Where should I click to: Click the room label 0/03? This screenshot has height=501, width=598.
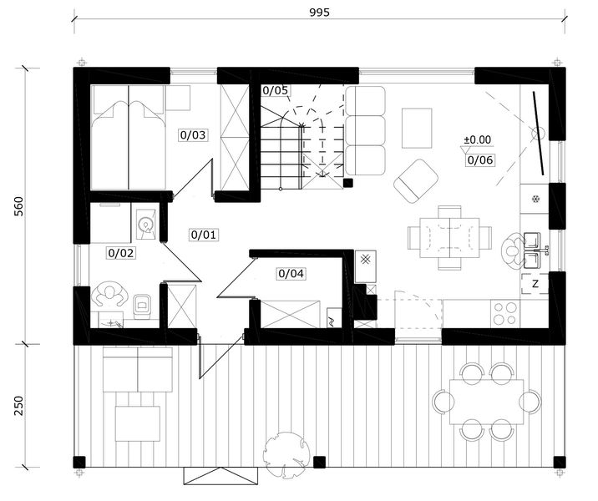coord(193,135)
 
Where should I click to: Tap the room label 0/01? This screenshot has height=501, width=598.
coord(204,235)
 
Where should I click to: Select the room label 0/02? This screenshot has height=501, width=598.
coord(121,253)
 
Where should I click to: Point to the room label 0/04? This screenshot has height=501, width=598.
coord(291,273)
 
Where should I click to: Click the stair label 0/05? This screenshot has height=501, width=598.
coord(275,90)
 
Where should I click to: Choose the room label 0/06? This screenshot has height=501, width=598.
coord(480,160)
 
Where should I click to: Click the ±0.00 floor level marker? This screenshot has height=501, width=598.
coord(477,140)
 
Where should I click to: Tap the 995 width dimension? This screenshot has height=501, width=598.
coord(319,13)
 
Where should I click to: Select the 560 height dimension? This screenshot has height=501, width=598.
coord(18,206)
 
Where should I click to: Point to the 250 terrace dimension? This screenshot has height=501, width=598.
coord(18,406)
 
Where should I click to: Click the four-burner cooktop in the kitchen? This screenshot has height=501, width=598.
coord(505,313)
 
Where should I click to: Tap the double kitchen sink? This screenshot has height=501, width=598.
coord(533,250)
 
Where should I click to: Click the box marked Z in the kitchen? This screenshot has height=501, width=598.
coord(535,284)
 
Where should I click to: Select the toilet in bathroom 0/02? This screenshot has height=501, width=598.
coord(142,306)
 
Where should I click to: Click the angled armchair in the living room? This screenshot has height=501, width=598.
coord(416,181)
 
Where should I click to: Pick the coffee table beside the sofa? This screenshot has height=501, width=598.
coord(417,128)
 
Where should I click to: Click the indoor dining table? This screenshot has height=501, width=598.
coord(449,238)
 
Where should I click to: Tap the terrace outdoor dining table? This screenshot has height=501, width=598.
coord(487,402)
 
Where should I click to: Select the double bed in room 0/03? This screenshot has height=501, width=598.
coord(128,137)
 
